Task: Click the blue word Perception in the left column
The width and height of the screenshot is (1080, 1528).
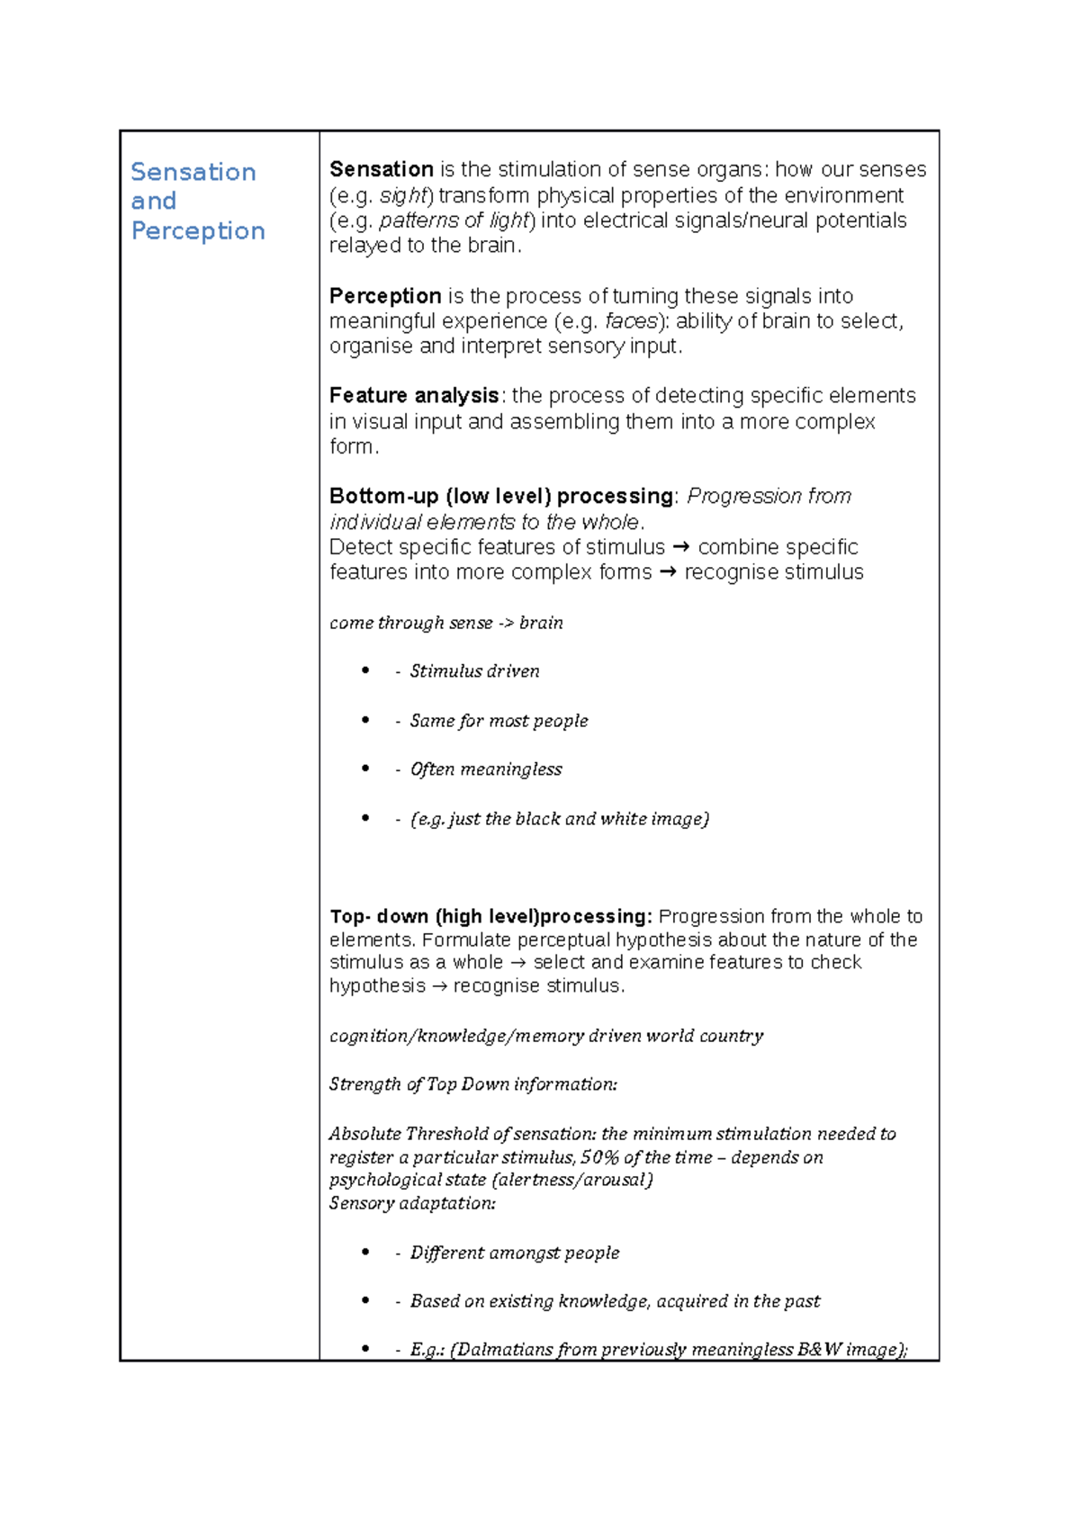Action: click(198, 231)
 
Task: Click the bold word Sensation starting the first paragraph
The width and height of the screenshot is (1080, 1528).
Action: click(382, 169)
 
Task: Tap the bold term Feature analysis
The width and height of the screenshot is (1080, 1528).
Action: click(414, 396)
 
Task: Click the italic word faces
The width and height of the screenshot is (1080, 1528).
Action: click(631, 321)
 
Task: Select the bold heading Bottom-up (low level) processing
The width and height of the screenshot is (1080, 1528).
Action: click(501, 496)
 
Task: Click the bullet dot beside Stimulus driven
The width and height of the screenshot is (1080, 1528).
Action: click(365, 670)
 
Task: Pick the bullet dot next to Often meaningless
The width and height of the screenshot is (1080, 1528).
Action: click(365, 768)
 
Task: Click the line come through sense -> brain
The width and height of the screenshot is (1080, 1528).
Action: click(446, 623)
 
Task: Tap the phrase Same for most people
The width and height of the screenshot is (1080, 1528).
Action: click(499, 721)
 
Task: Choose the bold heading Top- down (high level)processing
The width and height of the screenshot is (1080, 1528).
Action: click(490, 916)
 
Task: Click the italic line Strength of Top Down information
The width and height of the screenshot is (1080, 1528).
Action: click(472, 1084)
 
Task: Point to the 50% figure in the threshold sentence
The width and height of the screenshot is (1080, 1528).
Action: click(599, 1157)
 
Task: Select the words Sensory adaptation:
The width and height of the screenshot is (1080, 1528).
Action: click(412, 1203)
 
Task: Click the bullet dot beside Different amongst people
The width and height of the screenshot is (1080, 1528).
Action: click(365, 1252)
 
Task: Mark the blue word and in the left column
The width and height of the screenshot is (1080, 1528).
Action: click(154, 201)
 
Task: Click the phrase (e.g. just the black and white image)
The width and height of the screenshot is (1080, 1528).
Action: click(560, 819)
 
